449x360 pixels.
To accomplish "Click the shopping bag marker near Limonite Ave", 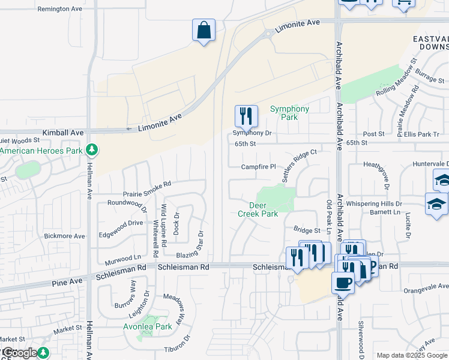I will (x=203, y=30).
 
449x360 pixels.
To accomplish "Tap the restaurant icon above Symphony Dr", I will (x=246, y=115).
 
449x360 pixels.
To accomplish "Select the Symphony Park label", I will (x=289, y=113).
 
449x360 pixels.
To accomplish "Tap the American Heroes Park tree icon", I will (x=92, y=149).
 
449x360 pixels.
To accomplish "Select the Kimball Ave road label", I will (x=63, y=132).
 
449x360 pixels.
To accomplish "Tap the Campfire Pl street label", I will (x=258, y=167).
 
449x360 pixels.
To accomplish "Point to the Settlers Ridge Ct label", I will (x=300, y=166).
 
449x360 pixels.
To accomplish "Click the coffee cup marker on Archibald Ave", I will (x=343, y=282).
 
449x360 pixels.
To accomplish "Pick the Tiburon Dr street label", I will (x=179, y=349).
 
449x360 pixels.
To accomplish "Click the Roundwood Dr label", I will (x=126, y=204).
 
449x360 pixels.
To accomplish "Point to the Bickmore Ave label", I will (x=67, y=236).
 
